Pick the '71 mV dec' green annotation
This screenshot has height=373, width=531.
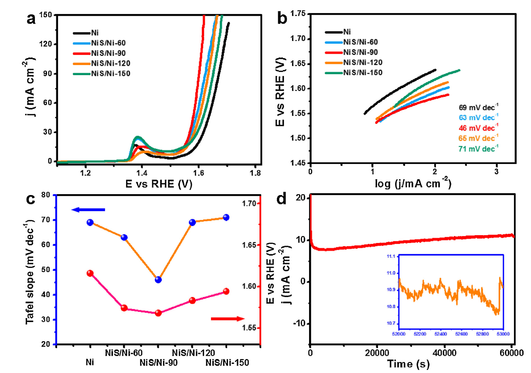(x=478, y=148)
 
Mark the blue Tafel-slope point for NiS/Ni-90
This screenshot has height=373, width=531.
(x=158, y=280)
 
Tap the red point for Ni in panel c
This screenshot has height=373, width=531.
(x=90, y=274)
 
